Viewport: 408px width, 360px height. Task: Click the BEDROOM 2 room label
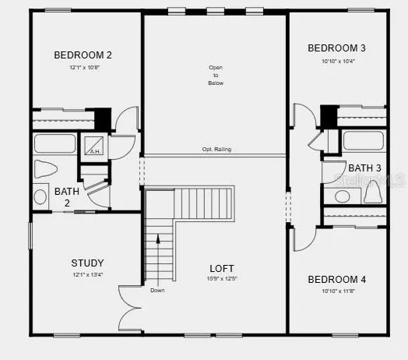coord(83,55)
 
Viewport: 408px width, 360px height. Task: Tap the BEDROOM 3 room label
coord(337,48)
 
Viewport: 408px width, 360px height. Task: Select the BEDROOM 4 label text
coord(337,280)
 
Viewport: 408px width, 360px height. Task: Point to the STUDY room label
coord(87,263)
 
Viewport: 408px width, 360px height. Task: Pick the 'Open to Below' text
coord(216,74)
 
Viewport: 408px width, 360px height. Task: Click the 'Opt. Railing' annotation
coord(216,150)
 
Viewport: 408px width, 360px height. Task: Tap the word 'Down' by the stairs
coord(157,291)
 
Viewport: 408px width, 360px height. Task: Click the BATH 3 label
coord(364,168)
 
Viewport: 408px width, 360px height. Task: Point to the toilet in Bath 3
coord(372,189)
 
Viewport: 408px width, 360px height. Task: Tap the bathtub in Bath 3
coord(364,141)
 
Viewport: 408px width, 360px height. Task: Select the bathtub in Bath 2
coord(55,143)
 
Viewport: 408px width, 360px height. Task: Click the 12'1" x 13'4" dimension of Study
coord(87,274)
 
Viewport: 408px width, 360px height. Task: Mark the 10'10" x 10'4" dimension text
coord(337,61)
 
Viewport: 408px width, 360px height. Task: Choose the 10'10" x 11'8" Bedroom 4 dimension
coord(337,291)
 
